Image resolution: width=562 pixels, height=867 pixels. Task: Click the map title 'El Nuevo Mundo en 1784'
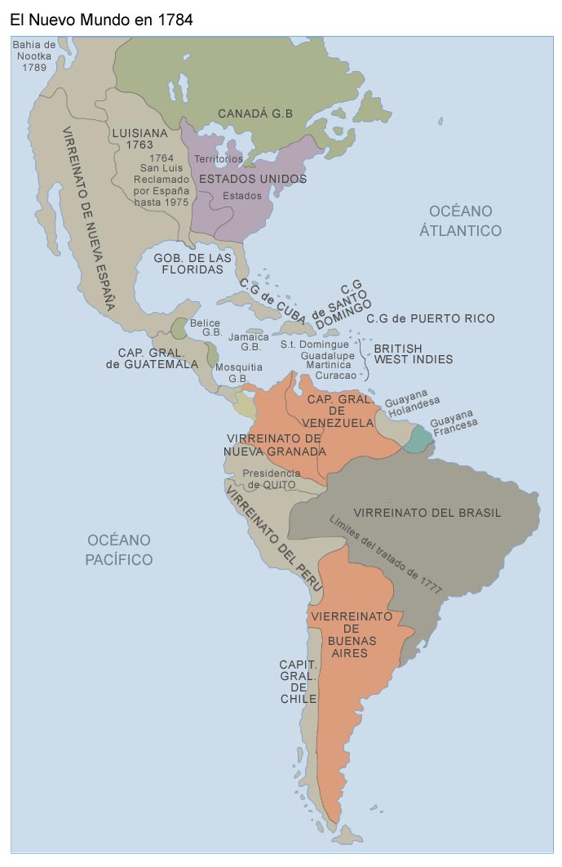pyautogui.click(x=101, y=20)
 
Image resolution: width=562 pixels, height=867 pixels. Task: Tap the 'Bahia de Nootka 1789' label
pyautogui.click(x=34, y=56)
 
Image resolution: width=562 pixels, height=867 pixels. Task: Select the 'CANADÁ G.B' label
pyautogui.click(x=254, y=113)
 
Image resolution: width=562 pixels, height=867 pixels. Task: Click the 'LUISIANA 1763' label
pyautogui.click(x=139, y=138)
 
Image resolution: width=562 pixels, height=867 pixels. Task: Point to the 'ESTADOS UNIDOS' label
pyautogui.click(x=253, y=179)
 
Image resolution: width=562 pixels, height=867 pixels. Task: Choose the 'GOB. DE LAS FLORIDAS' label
pyautogui.click(x=192, y=263)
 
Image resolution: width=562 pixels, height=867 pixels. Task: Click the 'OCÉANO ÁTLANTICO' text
pyautogui.click(x=460, y=220)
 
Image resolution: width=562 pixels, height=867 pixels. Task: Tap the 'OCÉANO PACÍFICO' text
pyautogui.click(x=120, y=549)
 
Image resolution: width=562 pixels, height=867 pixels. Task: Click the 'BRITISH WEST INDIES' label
pyautogui.click(x=413, y=353)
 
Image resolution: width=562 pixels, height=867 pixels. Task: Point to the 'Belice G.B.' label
pyautogui.click(x=206, y=327)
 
